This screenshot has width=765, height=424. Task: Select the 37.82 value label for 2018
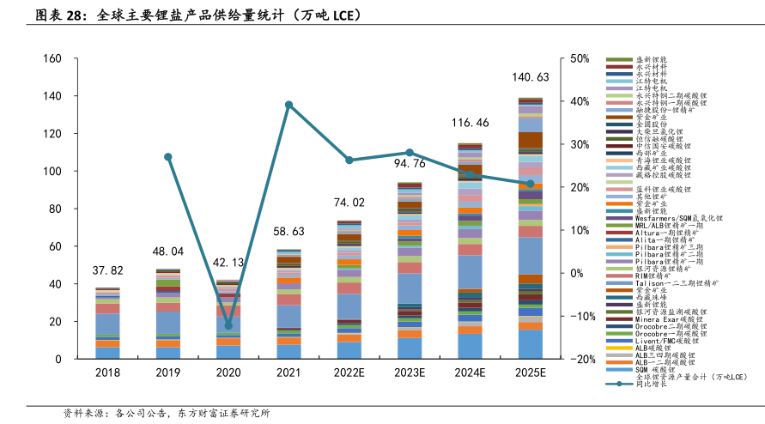[x=107, y=270]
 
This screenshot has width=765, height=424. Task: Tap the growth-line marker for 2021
[x=288, y=105]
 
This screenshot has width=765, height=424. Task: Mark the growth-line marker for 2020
[x=228, y=325]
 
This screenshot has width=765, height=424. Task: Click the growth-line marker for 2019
[x=168, y=157]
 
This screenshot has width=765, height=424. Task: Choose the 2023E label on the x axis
[x=410, y=373]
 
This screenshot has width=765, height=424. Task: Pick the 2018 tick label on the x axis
[x=107, y=373]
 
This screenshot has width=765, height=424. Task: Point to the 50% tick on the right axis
[x=579, y=59]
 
